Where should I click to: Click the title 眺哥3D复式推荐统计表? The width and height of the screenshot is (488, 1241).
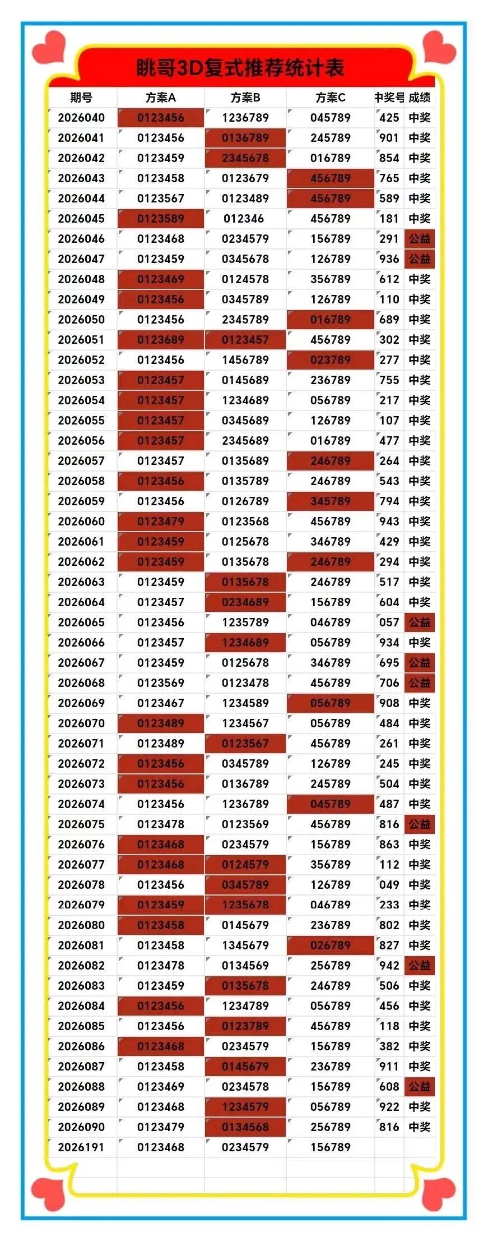240,68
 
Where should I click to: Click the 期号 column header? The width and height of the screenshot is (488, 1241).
81,98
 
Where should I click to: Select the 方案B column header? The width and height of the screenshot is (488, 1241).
245,98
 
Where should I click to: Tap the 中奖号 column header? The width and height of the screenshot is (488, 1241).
389,98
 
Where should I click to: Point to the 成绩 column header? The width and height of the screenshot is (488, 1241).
420,98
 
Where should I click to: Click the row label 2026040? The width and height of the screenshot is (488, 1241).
81,118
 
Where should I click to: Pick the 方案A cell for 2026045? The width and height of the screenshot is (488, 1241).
161,219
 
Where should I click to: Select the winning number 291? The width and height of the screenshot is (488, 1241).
389,239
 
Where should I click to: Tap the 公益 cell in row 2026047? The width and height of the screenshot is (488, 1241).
420,259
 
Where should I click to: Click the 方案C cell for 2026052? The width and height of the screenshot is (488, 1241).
331,360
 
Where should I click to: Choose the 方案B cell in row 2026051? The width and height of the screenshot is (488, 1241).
245,340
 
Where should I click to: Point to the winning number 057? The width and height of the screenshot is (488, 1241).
389,622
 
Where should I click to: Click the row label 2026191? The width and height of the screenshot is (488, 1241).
81,1147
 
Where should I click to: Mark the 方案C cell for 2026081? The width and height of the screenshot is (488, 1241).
331,945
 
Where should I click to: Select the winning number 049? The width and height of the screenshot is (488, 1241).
389,885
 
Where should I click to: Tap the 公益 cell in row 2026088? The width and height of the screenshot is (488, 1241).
420,1087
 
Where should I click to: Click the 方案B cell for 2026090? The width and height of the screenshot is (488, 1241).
245,1127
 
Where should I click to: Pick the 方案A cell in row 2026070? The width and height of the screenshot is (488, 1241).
161,723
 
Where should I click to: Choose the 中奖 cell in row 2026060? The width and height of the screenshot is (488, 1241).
420,522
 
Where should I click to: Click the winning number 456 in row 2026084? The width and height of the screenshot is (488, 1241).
389,1006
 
